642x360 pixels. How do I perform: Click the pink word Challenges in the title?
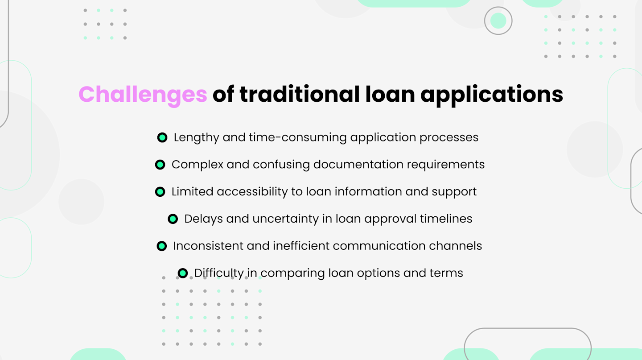coord(143,94)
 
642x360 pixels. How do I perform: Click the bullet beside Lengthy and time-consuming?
coord(162,137)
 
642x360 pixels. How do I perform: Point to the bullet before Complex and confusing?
coord(160,165)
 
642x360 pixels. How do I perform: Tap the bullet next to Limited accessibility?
coord(160,192)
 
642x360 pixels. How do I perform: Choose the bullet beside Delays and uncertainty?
coord(173,219)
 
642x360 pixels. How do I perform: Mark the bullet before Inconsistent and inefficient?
coord(161,246)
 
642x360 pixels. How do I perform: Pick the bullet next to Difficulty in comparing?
coord(183,273)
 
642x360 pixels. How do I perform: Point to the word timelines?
coord(446,219)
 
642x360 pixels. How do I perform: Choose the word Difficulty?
coord(219,273)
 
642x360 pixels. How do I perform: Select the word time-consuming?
coord(297,137)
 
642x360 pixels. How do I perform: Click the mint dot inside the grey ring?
coord(498,21)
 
